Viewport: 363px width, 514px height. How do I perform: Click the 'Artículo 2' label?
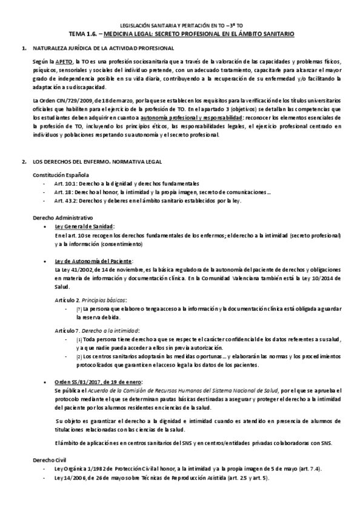pyautogui.click(x=66, y=299)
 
